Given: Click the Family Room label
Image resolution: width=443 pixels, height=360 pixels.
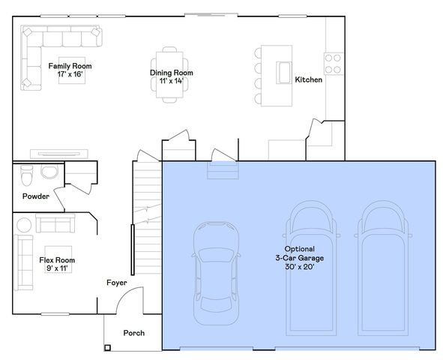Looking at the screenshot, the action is [70, 66].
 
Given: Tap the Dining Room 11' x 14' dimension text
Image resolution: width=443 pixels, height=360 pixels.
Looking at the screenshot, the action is [171, 81].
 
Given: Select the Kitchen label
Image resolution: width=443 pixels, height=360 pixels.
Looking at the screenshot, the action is [309, 79].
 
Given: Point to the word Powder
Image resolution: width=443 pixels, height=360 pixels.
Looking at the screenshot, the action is [36, 196].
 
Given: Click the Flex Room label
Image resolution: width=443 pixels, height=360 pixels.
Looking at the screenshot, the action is [57, 260].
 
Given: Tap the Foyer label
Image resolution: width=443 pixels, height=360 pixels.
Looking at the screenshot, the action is [117, 283].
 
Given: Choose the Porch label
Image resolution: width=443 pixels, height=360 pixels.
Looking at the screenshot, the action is [134, 333].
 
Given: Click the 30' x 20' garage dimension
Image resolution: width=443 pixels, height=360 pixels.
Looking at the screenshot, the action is [300, 266].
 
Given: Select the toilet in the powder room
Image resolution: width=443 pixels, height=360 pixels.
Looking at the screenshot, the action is [27, 175].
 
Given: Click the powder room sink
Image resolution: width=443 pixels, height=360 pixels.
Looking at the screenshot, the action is [49, 172].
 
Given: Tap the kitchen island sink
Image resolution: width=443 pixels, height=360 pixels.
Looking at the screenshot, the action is [283, 73].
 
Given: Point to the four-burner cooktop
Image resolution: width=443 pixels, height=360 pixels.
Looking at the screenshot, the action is [334, 64].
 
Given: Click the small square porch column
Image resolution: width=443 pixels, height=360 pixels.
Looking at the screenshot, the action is [107, 347].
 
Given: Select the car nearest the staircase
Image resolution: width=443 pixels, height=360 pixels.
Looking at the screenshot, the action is [216, 273].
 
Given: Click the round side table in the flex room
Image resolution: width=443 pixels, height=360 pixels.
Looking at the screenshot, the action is [24, 225].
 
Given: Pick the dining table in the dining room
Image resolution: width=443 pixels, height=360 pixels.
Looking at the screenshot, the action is [169, 75].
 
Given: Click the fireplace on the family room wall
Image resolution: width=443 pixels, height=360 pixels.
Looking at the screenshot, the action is [59, 154].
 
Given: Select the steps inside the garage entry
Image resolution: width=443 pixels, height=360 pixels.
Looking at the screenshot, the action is [223, 170].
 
